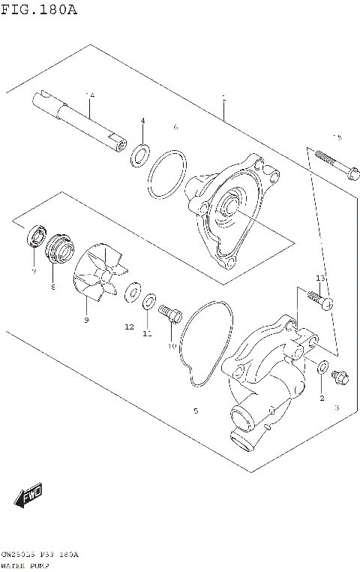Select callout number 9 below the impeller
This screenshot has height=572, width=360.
(86, 321)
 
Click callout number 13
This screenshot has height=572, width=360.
(320, 278)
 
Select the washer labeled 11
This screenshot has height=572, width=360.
(148, 302)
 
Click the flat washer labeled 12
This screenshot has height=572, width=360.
(133, 290)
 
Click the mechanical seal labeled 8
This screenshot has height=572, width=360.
(58, 248)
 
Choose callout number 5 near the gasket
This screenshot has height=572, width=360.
(196, 411)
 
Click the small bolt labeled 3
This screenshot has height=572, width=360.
(339, 378)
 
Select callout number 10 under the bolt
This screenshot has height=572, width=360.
(172, 346)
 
